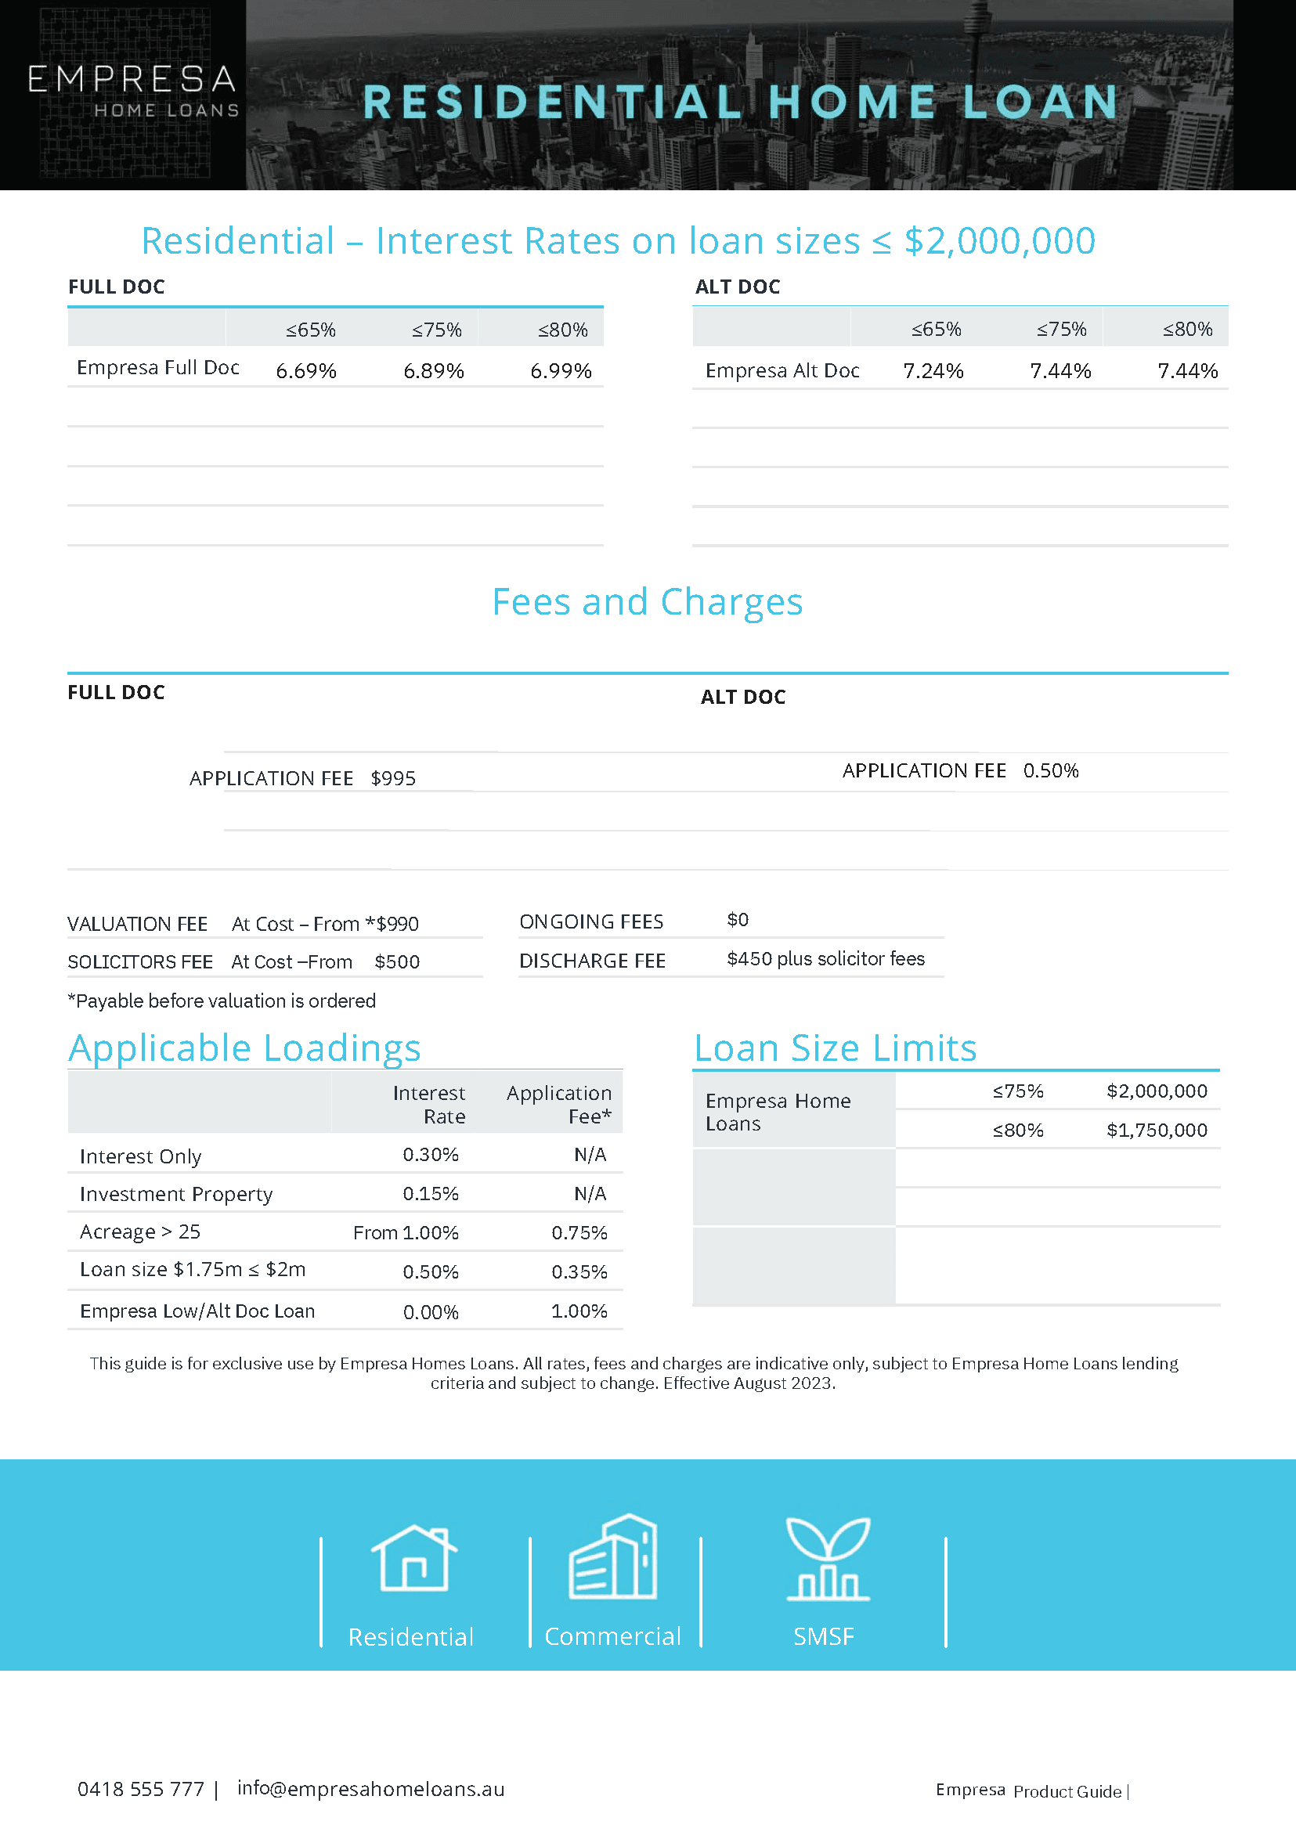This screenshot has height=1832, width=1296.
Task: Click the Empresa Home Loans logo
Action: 133,90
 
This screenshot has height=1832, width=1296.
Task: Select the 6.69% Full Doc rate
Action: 305,371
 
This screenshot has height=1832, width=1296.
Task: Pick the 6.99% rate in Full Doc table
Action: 561,371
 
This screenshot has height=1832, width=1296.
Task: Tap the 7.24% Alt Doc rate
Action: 933,371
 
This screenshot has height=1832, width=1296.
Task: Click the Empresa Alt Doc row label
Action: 782,371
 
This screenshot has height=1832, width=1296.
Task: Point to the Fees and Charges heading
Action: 647,601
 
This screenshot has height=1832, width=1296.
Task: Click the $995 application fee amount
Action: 393,779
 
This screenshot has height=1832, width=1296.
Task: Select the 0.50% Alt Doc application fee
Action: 1050,771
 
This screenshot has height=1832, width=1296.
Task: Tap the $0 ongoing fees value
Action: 738,920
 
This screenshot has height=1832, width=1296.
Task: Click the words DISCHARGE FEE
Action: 592,961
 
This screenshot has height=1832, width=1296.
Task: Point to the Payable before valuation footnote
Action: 222,1001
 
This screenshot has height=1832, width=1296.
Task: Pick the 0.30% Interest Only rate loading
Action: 430,1155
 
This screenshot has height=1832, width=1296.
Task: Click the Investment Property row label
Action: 175,1195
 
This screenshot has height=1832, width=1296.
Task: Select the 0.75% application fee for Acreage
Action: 579,1233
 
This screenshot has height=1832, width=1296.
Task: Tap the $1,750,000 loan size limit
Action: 1157,1131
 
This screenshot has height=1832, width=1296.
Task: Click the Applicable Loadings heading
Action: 244,1048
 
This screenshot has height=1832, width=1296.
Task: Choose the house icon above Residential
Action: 414,1557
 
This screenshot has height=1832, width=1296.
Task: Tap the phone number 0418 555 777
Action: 140,1790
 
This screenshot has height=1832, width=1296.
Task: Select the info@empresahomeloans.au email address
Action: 370,1789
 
